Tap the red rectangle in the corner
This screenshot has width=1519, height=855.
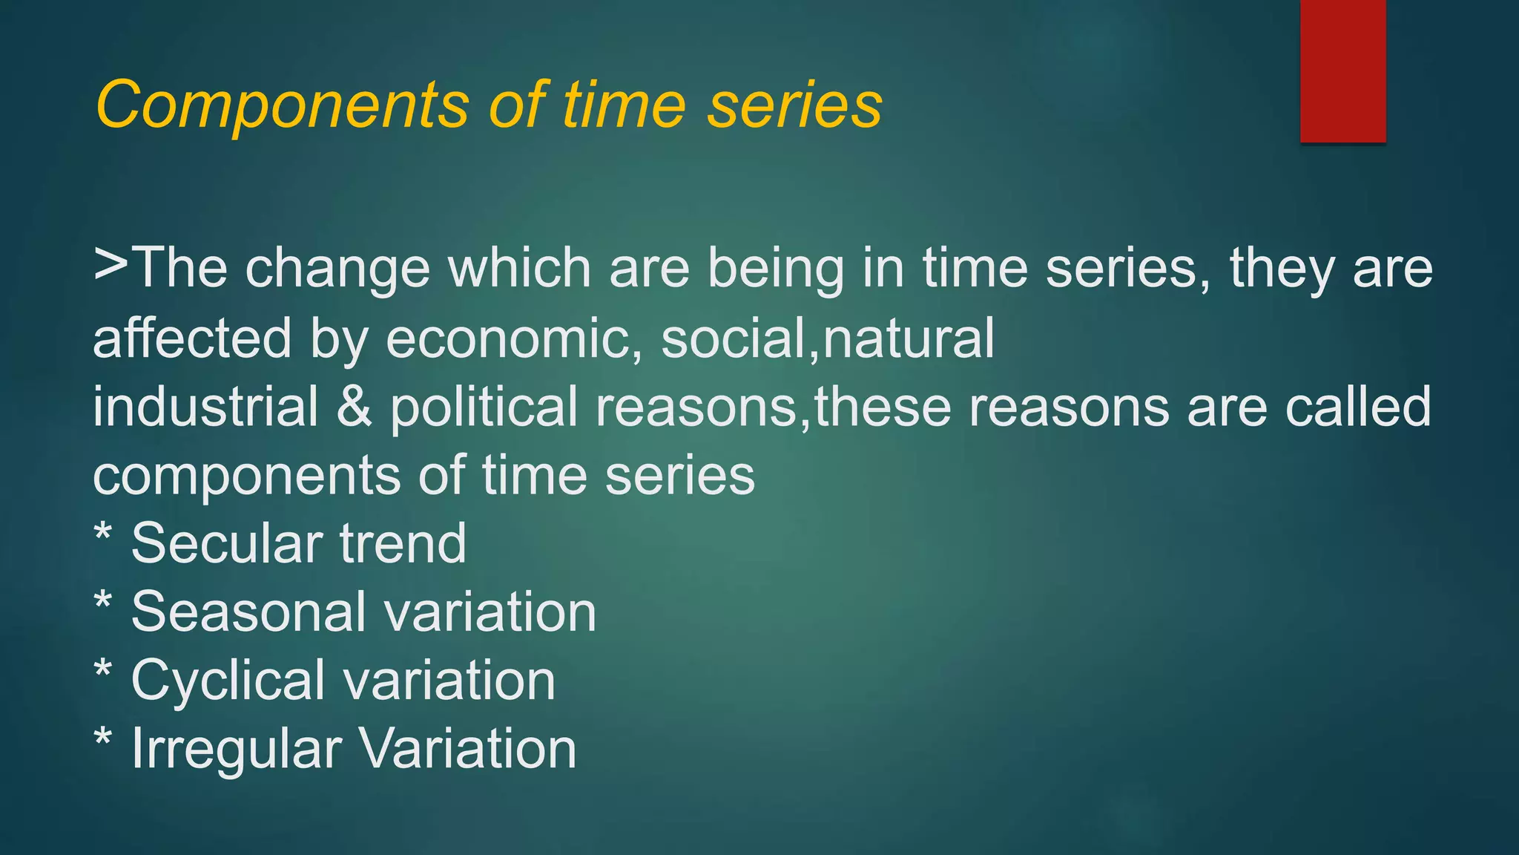pyautogui.click(x=1342, y=71)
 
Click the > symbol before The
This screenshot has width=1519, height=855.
pyautogui.click(x=111, y=265)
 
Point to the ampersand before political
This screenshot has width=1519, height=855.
pyautogui.click(x=354, y=407)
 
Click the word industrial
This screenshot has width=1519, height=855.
pyautogui.click(x=205, y=407)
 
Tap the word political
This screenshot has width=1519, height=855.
pyautogui.click(x=484, y=407)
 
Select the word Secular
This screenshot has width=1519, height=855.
pyautogui.click(x=225, y=543)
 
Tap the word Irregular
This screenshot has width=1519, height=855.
pyautogui.click(x=236, y=749)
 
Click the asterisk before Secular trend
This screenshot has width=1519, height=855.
pyautogui.click(x=103, y=533)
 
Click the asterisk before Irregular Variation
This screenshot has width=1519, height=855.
pyautogui.click(x=103, y=738)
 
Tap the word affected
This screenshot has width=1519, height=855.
pyautogui.click(x=191, y=338)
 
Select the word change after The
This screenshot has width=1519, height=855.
pyautogui.click(x=337, y=269)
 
